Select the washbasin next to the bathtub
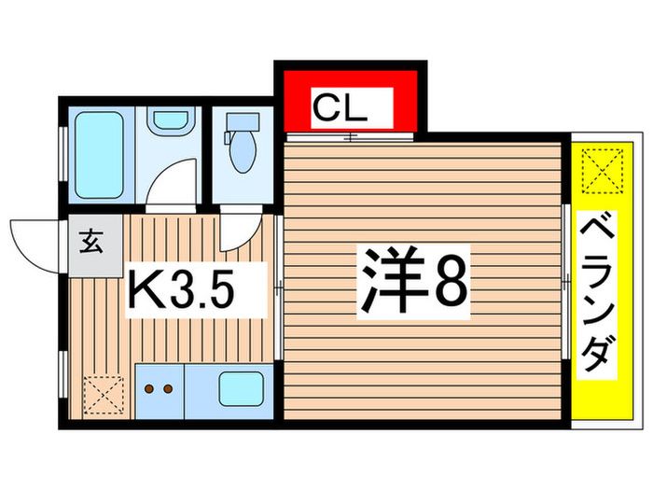[x=169, y=120]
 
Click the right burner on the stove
[x=169, y=388]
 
